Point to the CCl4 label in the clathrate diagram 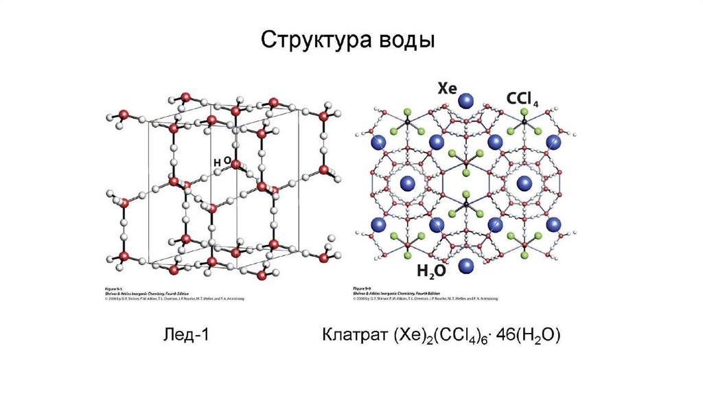(x=525, y=99)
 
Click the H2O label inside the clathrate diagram (x=432, y=271)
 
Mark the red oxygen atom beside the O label (x=236, y=164)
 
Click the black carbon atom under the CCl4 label (x=525, y=123)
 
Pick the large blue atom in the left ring (x=408, y=183)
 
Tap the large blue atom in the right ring (x=525, y=183)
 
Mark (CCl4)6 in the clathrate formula (x=461, y=336)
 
